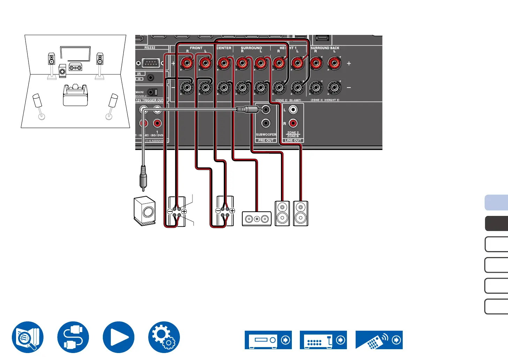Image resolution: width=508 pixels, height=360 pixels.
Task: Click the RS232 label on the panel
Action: (x=150, y=48)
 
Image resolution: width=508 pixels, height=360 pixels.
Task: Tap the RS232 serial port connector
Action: (x=150, y=63)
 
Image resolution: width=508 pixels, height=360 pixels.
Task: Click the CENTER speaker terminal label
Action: (x=224, y=48)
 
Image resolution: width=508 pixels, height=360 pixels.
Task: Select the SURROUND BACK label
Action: (x=325, y=48)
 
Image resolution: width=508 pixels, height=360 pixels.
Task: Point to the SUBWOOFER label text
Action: (x=266, y=135)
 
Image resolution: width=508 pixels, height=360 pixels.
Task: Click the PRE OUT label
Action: (x=266, y=141)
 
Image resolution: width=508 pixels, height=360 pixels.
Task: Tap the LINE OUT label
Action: (x=293, y=141)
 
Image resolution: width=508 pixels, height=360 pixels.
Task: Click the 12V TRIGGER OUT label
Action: (x=150, y=100)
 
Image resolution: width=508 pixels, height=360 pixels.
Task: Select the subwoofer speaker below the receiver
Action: (x=145, y=211)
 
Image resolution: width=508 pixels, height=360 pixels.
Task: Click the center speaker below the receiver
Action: (x=257, y=219)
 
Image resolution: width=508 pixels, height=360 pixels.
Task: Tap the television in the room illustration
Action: (x=75, y=53)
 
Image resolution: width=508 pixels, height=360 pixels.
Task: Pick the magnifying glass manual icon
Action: (x=28, y=337)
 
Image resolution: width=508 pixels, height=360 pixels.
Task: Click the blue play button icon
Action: (x=119, y=337)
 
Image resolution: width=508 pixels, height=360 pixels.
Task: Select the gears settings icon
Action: (x=164, y=337)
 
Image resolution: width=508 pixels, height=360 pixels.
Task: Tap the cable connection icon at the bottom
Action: (x=73, y=337)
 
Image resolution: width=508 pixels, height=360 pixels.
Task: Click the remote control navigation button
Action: (x=379, y=340)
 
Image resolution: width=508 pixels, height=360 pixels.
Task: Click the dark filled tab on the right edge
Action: (x=496, y=224)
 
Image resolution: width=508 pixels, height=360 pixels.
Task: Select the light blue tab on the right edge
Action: (x=496, y=203)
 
